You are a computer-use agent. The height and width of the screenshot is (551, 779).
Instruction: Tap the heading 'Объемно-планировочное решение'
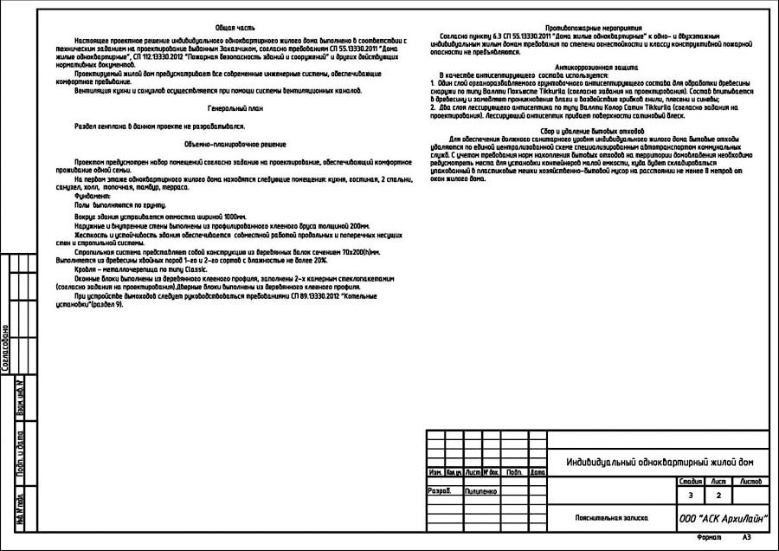tap(235, 144)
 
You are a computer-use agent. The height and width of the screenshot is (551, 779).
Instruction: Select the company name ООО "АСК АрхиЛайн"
tap(723, 518)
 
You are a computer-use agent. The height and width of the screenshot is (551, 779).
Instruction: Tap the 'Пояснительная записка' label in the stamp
tap(612, 518)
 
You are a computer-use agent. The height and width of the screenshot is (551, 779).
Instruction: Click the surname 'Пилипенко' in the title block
tap(481, 490)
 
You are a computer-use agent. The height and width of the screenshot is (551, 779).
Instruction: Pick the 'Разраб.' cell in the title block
tap(440, 490)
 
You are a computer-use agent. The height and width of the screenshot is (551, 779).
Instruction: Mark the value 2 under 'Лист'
tap(718, 496)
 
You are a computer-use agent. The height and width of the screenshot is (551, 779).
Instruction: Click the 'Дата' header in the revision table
tap(538, 472)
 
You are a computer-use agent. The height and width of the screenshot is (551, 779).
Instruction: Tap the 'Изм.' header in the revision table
tap(435, 472)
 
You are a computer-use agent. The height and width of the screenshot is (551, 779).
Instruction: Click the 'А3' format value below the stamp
tap(746, 538)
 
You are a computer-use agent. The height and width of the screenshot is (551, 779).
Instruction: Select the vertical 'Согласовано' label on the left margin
tap(6, 347)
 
